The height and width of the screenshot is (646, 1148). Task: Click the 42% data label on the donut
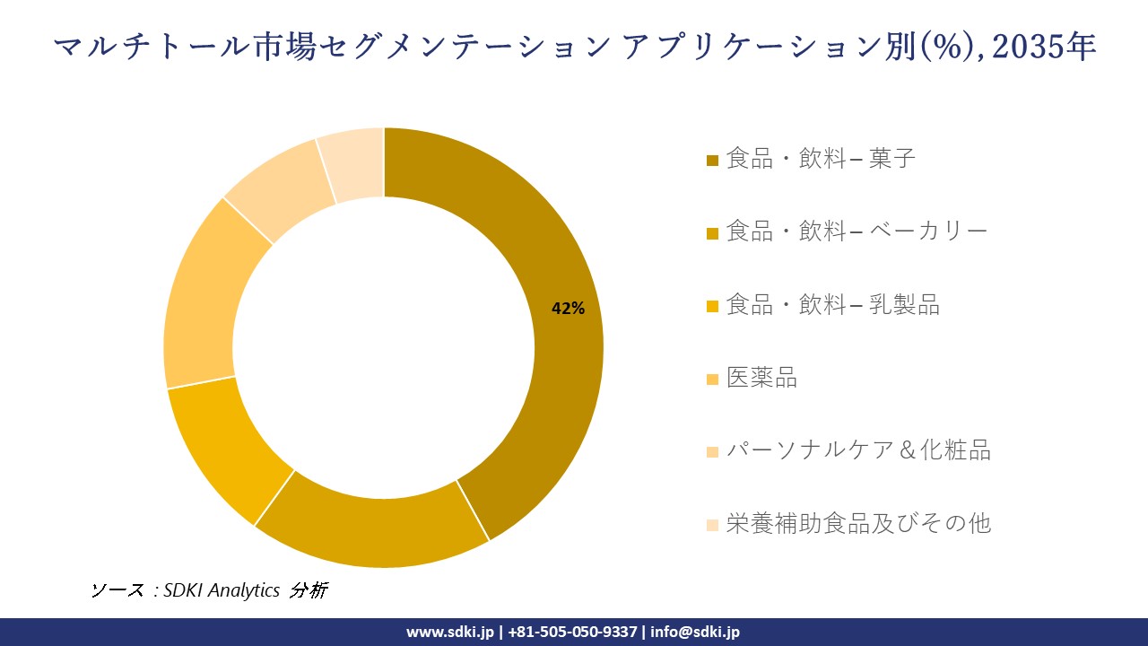coord(568,309)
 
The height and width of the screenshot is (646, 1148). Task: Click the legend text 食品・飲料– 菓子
coord(821,159)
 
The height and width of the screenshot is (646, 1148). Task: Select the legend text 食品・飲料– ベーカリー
coord(857,231)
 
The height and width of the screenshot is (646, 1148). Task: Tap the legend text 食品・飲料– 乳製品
coord(832,305)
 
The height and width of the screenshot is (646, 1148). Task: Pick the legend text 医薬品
coord(761,378)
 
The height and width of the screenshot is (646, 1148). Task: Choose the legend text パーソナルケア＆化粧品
coord(858,450)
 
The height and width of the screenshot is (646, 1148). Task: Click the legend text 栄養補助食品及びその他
coord(858,523)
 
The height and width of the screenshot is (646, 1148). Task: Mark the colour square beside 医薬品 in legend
coord(712,380)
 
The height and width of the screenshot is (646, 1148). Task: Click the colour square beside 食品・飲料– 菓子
coord(712,161)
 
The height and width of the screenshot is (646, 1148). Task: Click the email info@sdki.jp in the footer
coord(695,632)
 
